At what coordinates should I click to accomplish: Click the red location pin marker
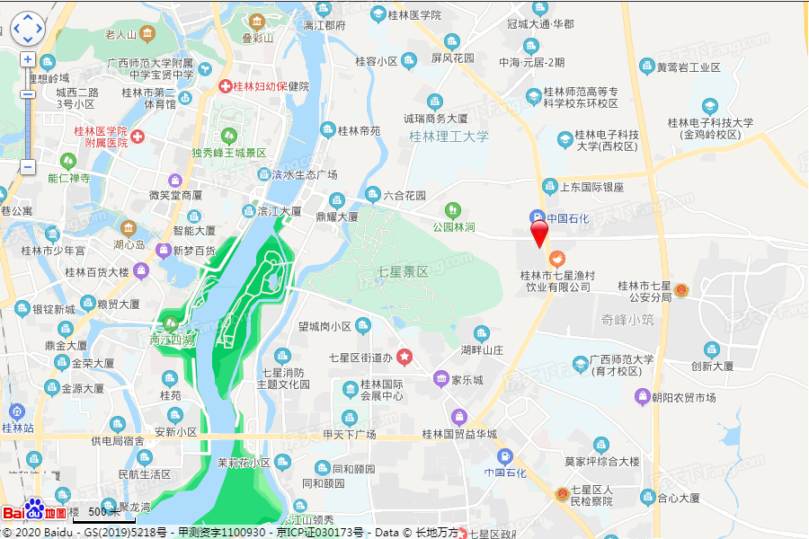(539, 234)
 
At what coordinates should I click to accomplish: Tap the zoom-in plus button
(28, 59)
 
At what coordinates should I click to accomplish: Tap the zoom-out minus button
(28, 166)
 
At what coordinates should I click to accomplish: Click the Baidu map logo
(34, 512)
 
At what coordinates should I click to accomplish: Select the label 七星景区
(403, 271)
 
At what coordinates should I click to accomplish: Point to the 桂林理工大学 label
(449, 137)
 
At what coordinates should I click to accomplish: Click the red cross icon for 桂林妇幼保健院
(227, 86)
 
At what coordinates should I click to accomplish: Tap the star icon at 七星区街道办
(404, 358)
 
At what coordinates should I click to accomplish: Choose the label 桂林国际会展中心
(382, 390)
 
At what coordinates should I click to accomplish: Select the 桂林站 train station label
(17, 428)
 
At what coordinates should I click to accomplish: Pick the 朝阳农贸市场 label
(686, 397)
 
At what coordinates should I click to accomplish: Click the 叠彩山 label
(258, 38)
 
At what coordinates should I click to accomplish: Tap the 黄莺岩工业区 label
(689, 67)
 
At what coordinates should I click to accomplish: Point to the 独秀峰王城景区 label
(229, 153)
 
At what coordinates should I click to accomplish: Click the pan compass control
(28, 28)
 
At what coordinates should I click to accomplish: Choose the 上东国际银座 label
(591, 187)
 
